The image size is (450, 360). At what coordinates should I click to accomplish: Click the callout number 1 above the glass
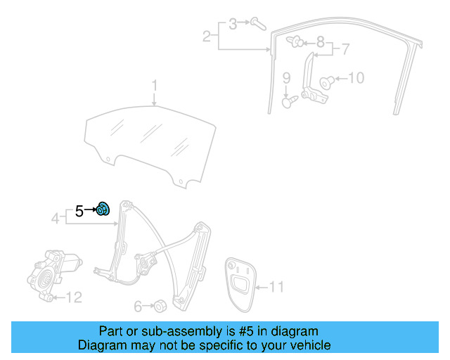click(x=156, y=86)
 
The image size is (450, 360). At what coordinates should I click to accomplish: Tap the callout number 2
click(x=207, y=36)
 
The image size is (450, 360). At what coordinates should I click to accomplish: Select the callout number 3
click(x=233, y=24)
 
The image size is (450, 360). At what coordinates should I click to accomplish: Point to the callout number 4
click(x=56, y=219)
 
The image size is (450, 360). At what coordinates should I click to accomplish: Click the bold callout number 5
click(x=79, y=210)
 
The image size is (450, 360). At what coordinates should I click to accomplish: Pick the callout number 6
click(x=138, y=306)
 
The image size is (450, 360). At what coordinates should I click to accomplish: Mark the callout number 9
click(x=287, y=77)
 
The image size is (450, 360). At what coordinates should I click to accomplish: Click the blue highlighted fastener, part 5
click(x=103, y=209)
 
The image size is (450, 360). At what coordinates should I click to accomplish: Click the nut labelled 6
click(x=160, y=306)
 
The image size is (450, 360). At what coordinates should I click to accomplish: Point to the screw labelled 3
click(x=257, y=25)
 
